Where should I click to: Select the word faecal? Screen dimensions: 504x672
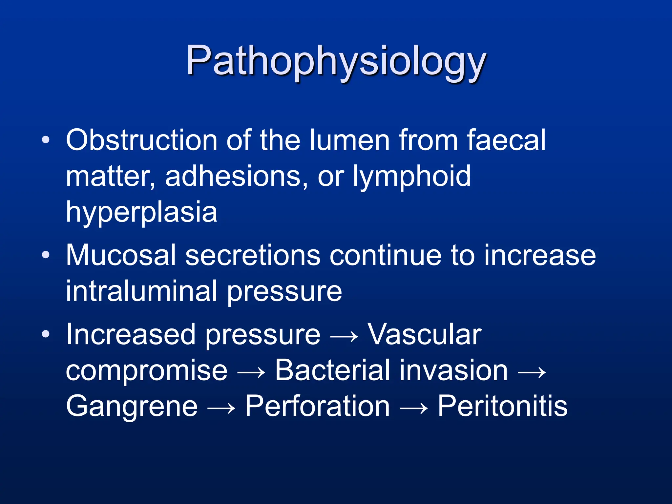tap(506, 140)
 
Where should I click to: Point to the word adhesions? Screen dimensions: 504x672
tap(236, 176)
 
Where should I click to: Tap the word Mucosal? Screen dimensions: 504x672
tap(121, 255)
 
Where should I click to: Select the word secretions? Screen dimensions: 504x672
tap(253, 255)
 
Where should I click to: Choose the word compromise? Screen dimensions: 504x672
tap(147, 371)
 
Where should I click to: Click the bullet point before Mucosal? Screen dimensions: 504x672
tap(46, 255)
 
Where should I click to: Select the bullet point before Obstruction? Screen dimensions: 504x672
tap(46, 140)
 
